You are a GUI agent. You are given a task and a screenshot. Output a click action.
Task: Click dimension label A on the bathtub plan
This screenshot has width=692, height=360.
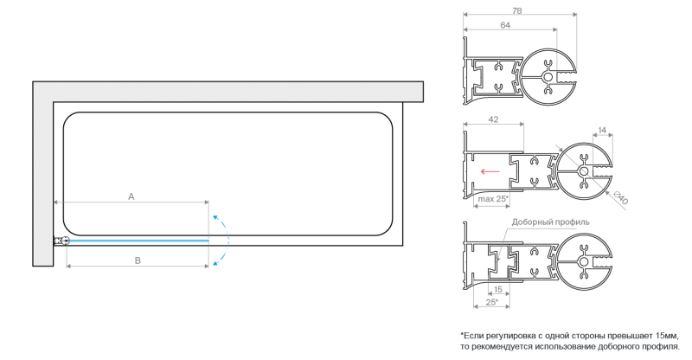tap(131, 196)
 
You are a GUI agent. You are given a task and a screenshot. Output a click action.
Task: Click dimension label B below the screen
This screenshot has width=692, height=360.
tap(138, 260)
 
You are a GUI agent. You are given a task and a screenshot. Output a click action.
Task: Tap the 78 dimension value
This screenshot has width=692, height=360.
tap(516, 11)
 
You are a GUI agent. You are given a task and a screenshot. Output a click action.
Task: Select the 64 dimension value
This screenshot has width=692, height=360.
tap(505, 25)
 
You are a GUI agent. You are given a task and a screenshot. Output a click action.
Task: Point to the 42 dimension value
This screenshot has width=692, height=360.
tap(493, 119)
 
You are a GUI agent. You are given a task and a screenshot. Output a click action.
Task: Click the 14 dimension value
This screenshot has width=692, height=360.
tap(602, 131)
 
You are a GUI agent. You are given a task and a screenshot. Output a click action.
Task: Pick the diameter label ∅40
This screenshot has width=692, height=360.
tap(620, 197)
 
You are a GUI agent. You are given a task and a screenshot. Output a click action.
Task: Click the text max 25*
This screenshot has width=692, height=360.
tap(493, 199)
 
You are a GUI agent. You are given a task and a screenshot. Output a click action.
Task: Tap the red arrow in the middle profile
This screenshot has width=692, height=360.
tap(490, 171)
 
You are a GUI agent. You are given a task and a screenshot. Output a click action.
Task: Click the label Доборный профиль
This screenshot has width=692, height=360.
tap(550, 222)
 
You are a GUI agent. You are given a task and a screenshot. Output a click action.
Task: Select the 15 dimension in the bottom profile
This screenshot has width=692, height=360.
tap(498, 290)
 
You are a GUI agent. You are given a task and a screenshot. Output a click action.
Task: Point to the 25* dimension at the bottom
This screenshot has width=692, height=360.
tap(492, 302)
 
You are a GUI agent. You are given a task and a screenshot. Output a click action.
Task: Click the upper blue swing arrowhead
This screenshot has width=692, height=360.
tap(215, 217)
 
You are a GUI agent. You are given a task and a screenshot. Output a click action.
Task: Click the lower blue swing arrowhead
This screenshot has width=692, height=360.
tap(215, 264)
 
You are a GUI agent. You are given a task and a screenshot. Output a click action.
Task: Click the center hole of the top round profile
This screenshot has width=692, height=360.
tap(548, 77)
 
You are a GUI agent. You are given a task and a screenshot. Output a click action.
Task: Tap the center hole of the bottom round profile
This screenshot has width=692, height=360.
tap(584, 261)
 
